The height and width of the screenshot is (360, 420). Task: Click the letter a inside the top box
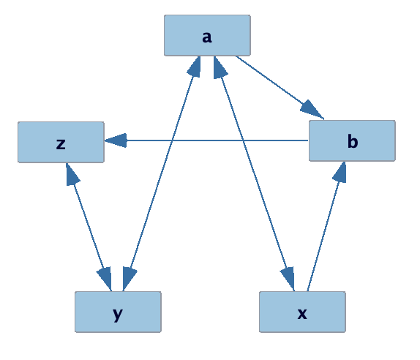point(207,37)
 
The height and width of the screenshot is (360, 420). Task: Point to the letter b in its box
point(352,141)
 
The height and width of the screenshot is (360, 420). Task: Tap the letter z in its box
point(61,143)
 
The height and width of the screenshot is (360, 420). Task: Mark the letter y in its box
point(118,313)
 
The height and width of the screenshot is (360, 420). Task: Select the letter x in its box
point(302,312)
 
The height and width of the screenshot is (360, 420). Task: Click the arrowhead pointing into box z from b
point(116,140)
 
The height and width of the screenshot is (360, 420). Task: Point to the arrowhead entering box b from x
point(339,172)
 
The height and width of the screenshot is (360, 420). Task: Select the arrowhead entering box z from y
point(71,173)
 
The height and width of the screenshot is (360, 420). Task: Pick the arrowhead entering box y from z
point(105,279)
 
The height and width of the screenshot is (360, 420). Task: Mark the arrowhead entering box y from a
point(130,279)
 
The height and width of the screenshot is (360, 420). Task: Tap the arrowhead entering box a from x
point(220,68)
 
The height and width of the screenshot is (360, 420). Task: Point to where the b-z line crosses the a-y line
point(172,140)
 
